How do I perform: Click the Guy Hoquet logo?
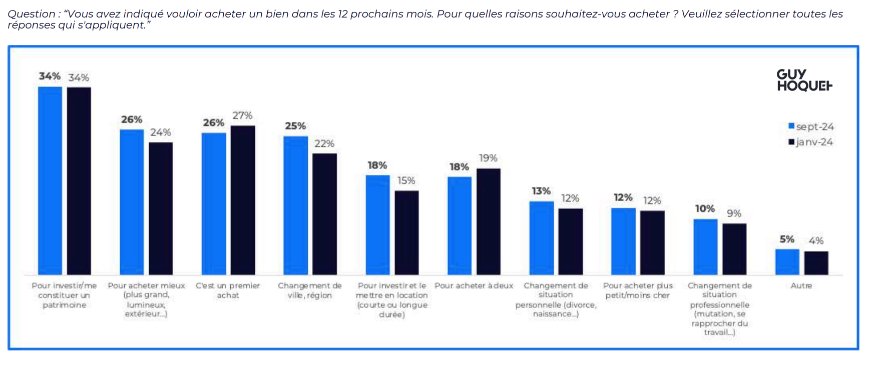click(x=804, y=80)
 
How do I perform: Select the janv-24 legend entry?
click(x=810, y=142)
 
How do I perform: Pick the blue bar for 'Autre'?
click(x=787, y=262)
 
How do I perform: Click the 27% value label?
click(x=242, y=115)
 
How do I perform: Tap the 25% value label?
click(x=295, y=126)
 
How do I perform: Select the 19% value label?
click(x=488, y=158)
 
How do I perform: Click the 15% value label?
click(x=406, y=180)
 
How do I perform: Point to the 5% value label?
click(x=787, y=239)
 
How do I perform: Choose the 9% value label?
click(x=734, y=213)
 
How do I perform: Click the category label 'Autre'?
click(x=801, y=286)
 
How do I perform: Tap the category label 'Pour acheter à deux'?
click(x=474, y=286)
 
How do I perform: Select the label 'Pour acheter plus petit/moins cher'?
click(x=638, y=290)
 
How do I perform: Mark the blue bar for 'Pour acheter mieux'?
click(x=132, y=202)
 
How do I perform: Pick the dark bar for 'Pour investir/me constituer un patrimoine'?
click(x=79, y=181)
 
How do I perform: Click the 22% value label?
click(x=324, y=143)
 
